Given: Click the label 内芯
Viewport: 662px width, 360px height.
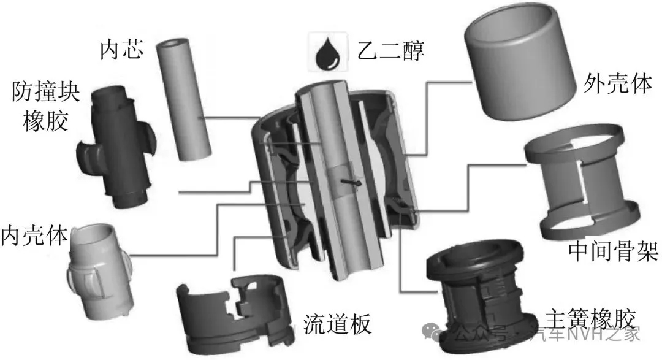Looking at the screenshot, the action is pos(121,50).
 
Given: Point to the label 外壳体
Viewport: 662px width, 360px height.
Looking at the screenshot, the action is pos(618,83).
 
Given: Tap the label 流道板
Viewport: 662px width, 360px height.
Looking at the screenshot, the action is pos(337,324).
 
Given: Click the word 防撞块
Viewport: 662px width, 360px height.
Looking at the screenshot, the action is pos(46,92).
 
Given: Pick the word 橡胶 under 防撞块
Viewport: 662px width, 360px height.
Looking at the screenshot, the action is pos(45,121).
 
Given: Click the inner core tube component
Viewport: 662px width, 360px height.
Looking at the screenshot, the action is pos(184,99).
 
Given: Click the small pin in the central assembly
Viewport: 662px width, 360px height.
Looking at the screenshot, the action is pos(351,182).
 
